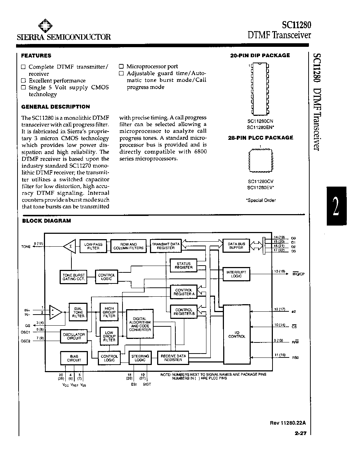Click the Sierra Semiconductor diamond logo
(45, 26)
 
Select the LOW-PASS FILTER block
(93, 246)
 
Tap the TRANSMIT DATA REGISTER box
(166, 246)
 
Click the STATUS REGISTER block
(184, 265)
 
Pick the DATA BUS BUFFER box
(236, 246)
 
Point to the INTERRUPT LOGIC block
(236, 274)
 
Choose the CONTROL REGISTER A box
(184, 292)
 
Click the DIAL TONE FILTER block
(78, 312)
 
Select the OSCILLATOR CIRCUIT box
(74, 336)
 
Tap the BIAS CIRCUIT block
(74, 358)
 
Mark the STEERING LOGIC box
(140, 358)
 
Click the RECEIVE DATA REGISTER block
(173, 358)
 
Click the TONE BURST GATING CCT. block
(74, 277)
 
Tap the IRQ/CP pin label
(299, 274)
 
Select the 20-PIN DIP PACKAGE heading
(260, 55)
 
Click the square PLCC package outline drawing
(260, 161)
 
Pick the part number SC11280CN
(260, 121)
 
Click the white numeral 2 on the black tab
(336, 206)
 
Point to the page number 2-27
(300, 433)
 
